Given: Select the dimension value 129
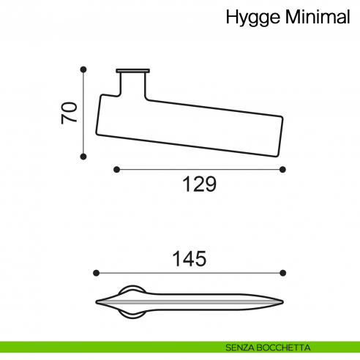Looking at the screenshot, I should click(199, 185).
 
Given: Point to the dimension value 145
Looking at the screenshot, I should click(190, 258).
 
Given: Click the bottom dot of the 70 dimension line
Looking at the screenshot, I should click(83, 155).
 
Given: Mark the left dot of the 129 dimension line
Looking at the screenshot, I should click(116, 169).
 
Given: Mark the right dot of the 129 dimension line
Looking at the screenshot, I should click(283, 169).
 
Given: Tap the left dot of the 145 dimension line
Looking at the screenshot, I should click(96, 273).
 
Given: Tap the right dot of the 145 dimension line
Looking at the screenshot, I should click(283, 273).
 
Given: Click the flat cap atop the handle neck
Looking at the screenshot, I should click(132, 71).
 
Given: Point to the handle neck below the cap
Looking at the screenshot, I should click(132, 84).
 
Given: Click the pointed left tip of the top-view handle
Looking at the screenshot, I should click(97, 301).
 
